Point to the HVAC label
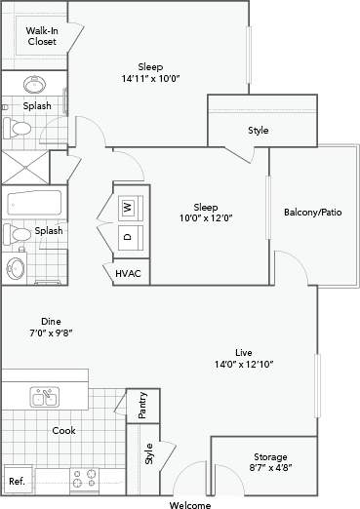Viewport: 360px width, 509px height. point(128,274)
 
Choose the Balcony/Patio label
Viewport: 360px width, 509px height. point(312,212)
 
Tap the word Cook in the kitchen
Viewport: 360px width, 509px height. point(63,430)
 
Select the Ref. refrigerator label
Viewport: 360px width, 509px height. point(16,482)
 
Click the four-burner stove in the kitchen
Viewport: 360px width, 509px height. point(85,479)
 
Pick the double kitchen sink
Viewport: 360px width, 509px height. point(43,397)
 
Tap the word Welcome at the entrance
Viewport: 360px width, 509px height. point(189,505)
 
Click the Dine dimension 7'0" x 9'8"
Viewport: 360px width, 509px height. point(51,333)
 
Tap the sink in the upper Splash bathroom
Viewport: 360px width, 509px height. point(36,84)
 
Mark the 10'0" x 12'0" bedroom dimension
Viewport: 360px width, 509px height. point(205,218)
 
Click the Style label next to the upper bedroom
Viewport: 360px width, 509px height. point(258,130)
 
